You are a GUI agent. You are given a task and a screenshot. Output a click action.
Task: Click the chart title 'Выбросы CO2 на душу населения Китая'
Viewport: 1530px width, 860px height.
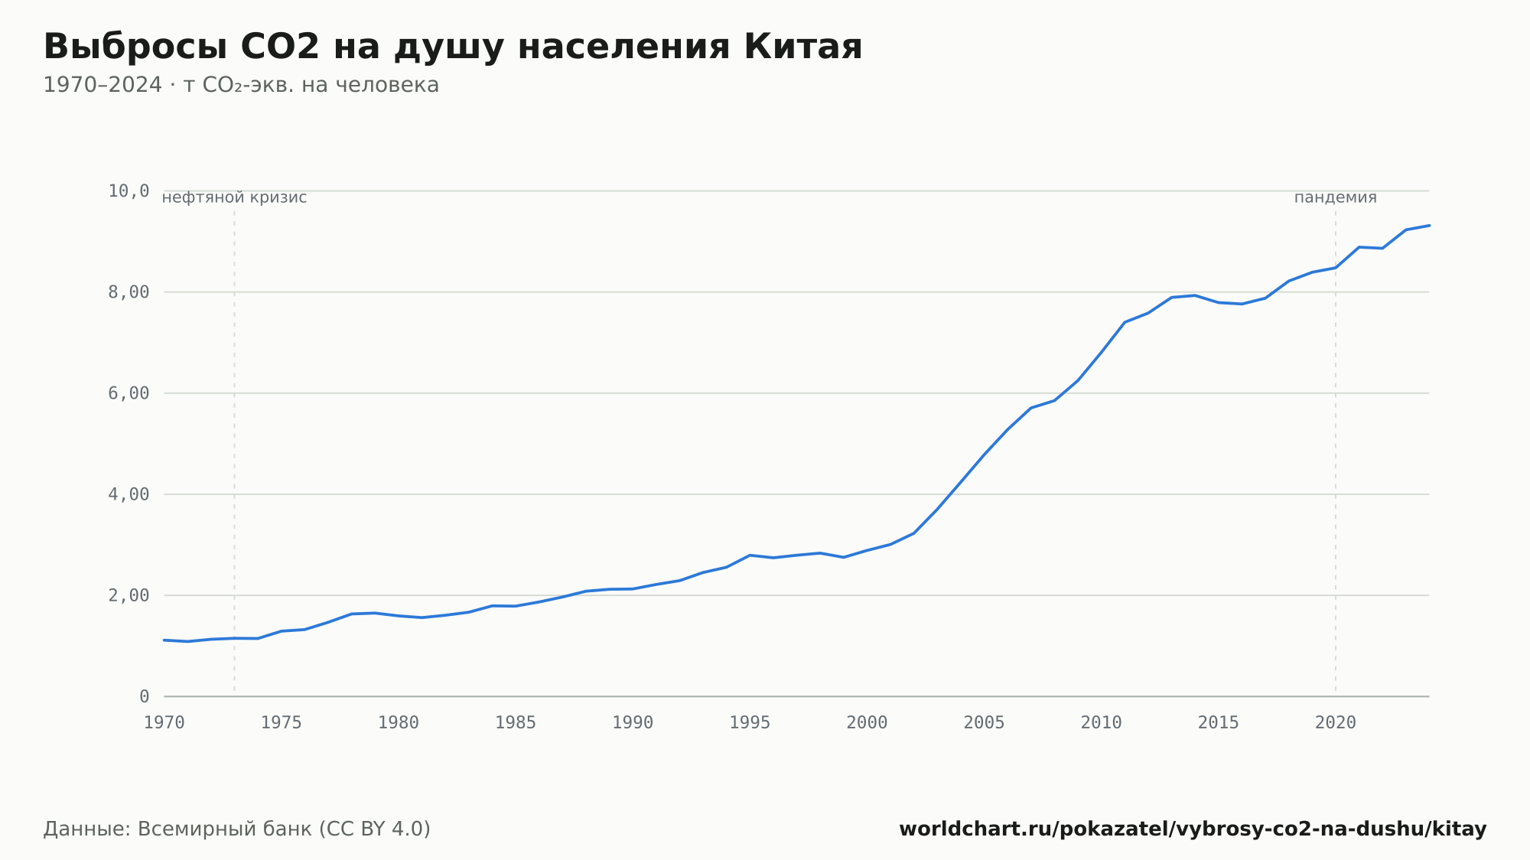coord(453,47)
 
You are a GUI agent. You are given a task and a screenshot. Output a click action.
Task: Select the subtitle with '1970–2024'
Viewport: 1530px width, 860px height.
coord(241,85)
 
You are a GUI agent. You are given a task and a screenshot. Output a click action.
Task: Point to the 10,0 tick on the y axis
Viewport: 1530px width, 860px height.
coord(129,191)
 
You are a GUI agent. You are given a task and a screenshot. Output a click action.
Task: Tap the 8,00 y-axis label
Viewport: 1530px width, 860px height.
coord(129,292)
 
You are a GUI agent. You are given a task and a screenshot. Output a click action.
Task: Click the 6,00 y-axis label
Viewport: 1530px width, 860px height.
coord(129,393)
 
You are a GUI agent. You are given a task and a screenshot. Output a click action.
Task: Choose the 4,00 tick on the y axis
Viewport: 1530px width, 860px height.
coord(129,494)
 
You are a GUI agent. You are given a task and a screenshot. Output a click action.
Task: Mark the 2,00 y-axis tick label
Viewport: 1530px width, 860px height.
coord(129,595)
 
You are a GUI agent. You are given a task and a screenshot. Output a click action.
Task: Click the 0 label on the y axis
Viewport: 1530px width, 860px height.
coord(145,696)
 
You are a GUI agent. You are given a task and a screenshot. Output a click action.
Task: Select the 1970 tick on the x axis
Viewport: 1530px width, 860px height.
coord(164,723)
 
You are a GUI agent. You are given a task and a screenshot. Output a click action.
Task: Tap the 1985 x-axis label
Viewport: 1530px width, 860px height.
coord(516,723)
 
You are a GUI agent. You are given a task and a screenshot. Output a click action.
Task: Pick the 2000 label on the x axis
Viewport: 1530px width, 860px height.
coord(867,723)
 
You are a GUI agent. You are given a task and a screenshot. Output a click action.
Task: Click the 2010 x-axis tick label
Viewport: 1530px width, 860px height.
coord(1102,723)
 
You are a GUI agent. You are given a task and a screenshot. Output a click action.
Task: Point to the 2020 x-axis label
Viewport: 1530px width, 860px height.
coord(1336,723)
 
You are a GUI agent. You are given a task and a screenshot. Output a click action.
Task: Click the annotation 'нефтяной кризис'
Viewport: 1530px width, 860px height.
coord(234,197)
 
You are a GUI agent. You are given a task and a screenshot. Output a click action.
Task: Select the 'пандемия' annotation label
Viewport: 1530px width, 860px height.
coord(1336,197)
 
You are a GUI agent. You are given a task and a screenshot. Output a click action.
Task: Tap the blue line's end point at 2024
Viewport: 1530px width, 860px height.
coord(1429,225)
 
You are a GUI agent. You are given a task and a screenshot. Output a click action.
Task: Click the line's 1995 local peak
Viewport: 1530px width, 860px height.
coord(750,555)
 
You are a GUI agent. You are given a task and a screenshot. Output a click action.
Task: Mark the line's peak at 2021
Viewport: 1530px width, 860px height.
coord(1359,247)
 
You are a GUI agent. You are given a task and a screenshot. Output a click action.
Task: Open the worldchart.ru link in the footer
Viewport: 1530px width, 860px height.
coord(1193,829)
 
